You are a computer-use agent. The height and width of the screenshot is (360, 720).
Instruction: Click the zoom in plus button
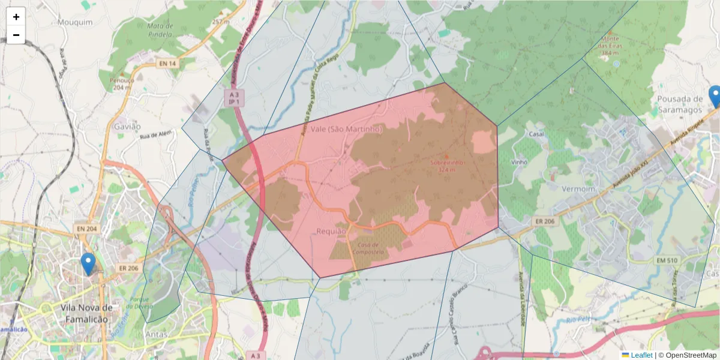pyautogui.click(x=16, y=17)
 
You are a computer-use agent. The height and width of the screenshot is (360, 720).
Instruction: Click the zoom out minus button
pyautogui.click(x=16, y=35)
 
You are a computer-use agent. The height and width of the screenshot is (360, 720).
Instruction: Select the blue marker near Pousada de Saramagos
pyautogui.click(x=715, y=97)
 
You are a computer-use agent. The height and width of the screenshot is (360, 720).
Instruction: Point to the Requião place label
pyautogui.click(x=331, y=231)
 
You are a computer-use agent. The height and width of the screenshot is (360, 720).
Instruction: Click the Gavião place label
pyautogui.click(x=127, y=127)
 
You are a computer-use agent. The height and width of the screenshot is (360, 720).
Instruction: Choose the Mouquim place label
pyautogui.click(x=76, y=22)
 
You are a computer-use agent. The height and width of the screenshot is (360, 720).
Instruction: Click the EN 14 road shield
pyautogui.click(x=168, y=64)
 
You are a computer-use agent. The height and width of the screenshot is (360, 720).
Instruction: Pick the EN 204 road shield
pyautogui.click(x=87, y=229)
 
